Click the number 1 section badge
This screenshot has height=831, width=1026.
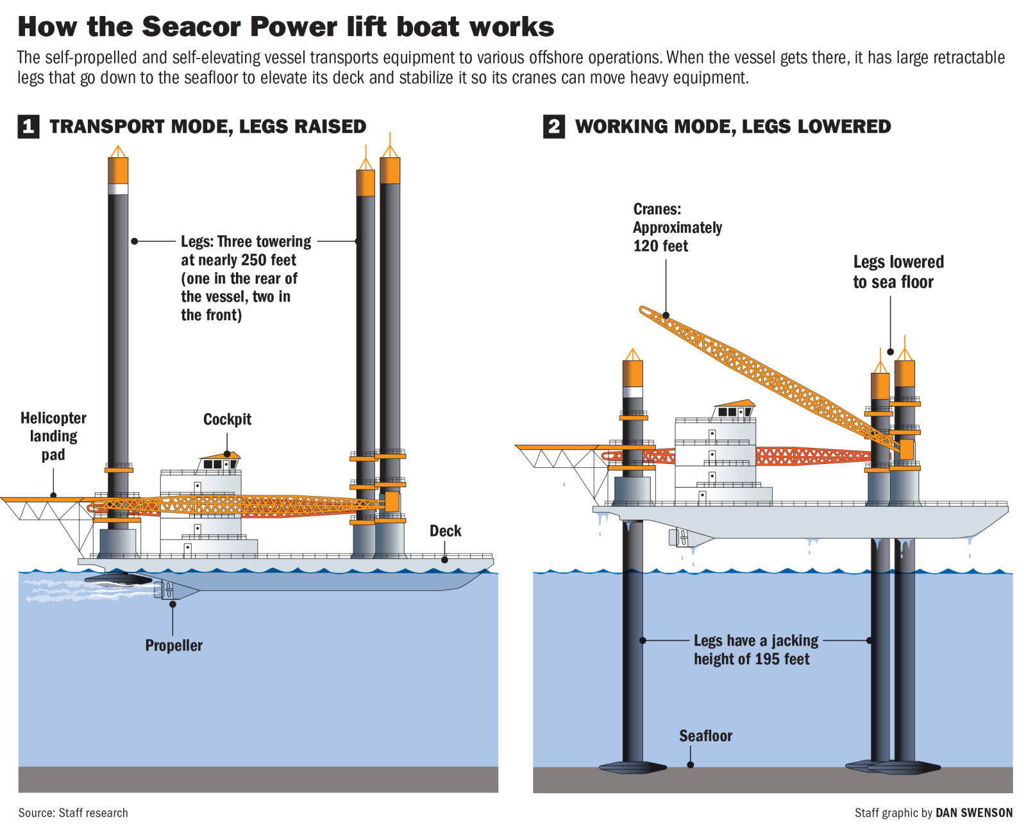28,126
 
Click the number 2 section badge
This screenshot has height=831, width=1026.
554,126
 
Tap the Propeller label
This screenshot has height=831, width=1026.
174,646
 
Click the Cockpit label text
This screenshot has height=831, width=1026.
227,420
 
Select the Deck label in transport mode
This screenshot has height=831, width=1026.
445,531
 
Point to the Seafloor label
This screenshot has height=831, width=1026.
705,736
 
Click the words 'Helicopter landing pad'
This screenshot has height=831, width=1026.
53,436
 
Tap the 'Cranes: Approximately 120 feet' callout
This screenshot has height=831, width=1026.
677,228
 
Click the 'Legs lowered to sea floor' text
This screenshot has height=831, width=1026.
898,272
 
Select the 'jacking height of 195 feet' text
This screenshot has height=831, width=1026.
755,650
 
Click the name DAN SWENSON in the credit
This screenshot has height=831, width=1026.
974,813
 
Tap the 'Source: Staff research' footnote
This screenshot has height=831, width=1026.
73,813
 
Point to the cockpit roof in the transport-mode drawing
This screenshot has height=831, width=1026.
221,456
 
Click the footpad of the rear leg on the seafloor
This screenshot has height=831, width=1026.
632,766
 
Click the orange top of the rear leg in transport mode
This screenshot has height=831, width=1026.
118,170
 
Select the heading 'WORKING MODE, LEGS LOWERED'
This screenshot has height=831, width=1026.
732,126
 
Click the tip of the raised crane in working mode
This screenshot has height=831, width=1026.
644,310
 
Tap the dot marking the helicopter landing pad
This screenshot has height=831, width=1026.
54,495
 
